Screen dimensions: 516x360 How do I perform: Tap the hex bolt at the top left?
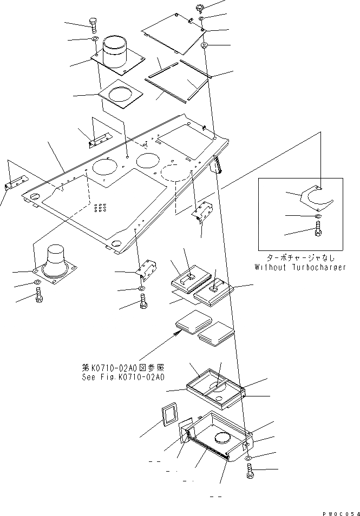coord(92,25)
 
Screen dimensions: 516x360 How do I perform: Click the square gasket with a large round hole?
coord(121,95)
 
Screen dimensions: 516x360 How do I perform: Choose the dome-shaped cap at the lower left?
coord(56,259)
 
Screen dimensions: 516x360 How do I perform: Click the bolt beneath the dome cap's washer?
coord(38,295)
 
